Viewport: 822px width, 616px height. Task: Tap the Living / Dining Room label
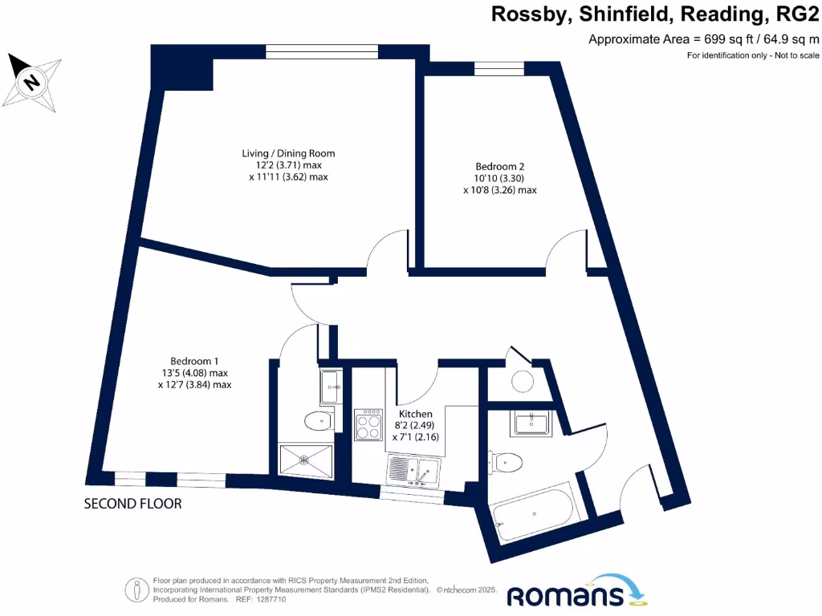coord(288,153)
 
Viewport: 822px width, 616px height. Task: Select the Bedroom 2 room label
coord(499,167)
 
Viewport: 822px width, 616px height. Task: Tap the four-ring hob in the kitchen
coord(368,424)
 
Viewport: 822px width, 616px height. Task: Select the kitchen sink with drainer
coord(413,471)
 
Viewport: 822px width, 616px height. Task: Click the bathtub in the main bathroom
coord(534,512)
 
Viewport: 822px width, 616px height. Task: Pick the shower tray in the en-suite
coord(304,460)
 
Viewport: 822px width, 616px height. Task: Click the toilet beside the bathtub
coord(507,461)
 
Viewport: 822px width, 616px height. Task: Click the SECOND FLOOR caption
coord(133,504)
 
